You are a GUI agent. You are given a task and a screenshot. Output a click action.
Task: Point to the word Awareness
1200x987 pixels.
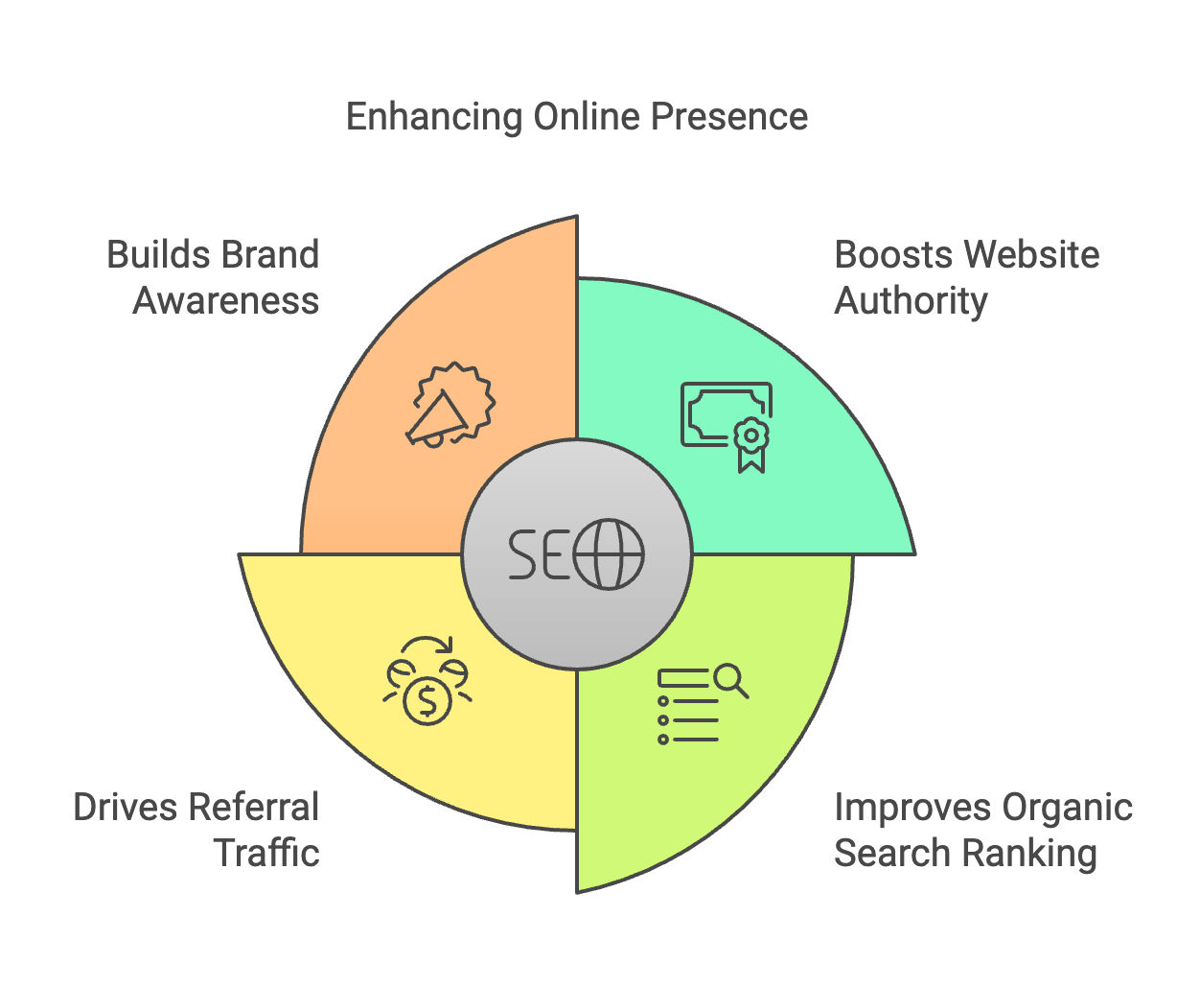click(x=226, y=301)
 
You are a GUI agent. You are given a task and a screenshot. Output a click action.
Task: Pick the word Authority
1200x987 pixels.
click(x=911, y=301)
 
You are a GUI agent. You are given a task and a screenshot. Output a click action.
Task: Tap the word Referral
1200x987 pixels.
click(x=264, y=808)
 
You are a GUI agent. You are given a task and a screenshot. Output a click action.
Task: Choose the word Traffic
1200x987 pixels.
click(x=266, y=854)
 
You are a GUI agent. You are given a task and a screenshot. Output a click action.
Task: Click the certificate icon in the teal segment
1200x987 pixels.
click(x=727, y=425)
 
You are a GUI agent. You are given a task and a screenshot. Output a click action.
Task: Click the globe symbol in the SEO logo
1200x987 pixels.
click(x=609, y=554)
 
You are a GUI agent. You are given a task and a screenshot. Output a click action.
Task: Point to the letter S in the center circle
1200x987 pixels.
click(x=524, y=554)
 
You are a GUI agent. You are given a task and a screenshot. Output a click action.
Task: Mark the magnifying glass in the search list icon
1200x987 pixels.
click(x=731, y=679)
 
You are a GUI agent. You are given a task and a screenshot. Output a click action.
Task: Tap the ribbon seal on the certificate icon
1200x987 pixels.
click(x=751, y=443)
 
